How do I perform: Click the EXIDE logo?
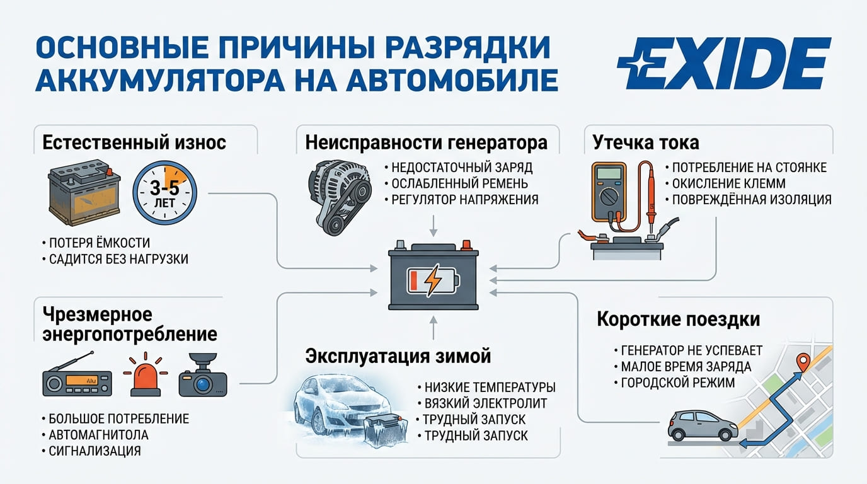(x=724, y=63)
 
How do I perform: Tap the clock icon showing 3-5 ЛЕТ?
(x=165, y=193)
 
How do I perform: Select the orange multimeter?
(x=609, y=192)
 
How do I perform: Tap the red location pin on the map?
(x=803, y=363)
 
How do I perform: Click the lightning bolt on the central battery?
(x=433, y=280)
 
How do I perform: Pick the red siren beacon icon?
(x=146, y=375)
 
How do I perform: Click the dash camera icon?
(x=203, y=374)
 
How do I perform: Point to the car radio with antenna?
(x=77, y=374)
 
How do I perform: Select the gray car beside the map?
(x=703, y=425)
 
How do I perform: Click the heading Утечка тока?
(x=646, y=142)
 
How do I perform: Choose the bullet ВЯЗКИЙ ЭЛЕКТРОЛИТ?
(x=486, y=403)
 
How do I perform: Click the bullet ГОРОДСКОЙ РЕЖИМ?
(x=678, y=383)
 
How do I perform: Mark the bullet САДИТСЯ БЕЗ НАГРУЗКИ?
(x=118, y=259)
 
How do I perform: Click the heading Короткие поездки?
(x=679, y=320)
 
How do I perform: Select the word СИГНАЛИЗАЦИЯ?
(x=95, y=451)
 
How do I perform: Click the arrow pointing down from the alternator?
(x=433, y=226)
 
